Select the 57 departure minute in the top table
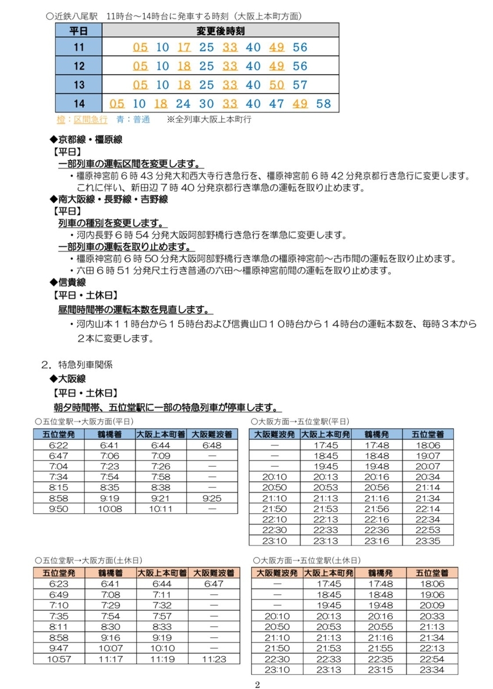tap(300, 85)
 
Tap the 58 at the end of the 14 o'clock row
tap(324, 104)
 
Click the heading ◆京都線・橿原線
tap(86, 140)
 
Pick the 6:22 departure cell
tap(59, 445)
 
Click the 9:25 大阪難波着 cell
tap(213, 498)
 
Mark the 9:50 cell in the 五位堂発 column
tap(59, 509)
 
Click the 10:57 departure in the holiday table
tap(59, 658)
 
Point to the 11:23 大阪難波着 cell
tap(213, 658)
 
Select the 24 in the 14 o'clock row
tap(183, 104)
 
